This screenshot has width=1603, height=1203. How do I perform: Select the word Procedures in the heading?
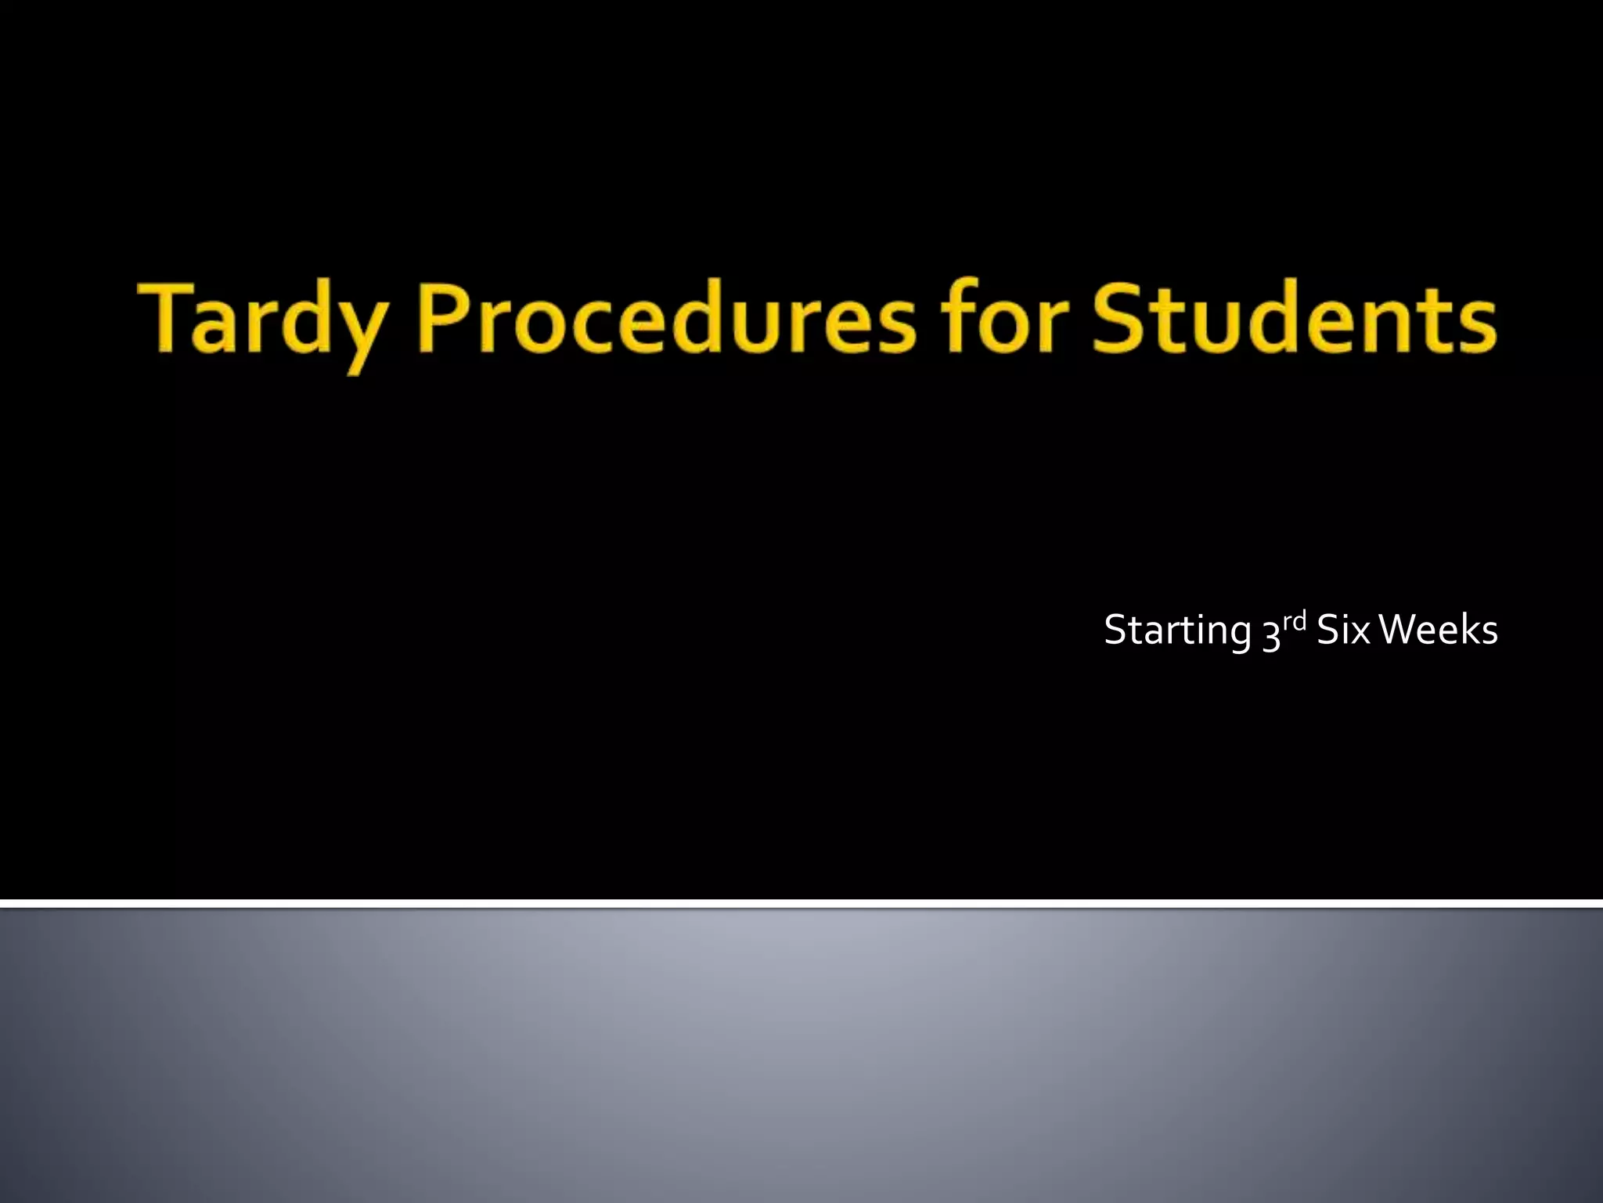pyautogui.click(x=667, y=320)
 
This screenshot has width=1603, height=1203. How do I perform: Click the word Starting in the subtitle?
pyautogui.click(x=1177, y=631)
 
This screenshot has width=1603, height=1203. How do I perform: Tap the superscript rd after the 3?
pyautogui.click(x=1295, y=622)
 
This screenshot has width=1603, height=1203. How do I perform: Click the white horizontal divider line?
pyautogui.click(x=801, y=904)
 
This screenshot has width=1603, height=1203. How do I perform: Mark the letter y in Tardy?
pyautogui.click(x=362, y=333)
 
